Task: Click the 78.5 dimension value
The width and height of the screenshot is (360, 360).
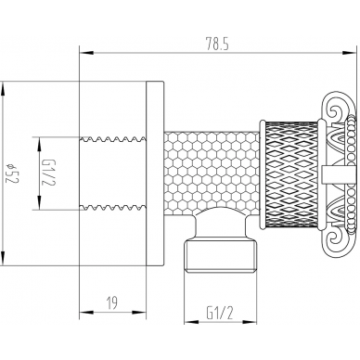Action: coord(217,45)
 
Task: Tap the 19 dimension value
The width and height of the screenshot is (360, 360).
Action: coord(112,302)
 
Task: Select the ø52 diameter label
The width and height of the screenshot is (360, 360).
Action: coord(13,173)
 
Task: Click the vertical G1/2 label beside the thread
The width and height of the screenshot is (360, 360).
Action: coord(49,173)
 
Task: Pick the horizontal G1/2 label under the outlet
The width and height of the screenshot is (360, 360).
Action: coord(220,313)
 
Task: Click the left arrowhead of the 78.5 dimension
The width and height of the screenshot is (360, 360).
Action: coord(86,53)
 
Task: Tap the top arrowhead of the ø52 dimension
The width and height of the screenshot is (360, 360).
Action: coord(3,89)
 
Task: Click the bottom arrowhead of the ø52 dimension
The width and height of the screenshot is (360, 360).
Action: coord(3,259)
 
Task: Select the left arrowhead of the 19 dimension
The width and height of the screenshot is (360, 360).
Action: coord(86,312)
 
